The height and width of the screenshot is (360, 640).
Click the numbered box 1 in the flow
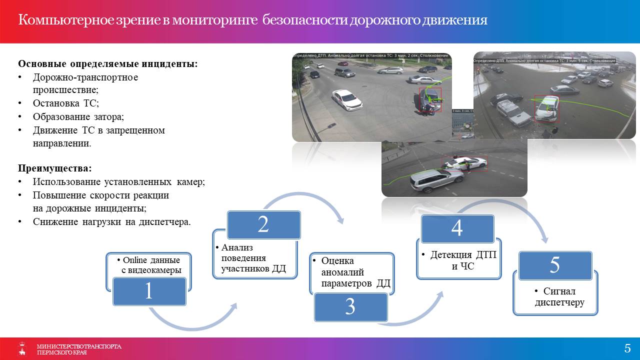149,291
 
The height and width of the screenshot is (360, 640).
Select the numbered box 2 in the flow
263,224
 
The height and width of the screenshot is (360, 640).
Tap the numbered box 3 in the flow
350,306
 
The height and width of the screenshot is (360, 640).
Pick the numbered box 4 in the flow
457,228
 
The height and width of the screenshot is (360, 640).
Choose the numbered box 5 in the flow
555,265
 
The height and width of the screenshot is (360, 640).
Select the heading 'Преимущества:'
55,168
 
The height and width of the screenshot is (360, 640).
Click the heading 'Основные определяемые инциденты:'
107,64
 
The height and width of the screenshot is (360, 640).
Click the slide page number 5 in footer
627,348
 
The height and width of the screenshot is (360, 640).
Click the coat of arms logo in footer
22,348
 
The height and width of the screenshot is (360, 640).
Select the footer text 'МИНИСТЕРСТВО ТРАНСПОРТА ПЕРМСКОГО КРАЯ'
78,349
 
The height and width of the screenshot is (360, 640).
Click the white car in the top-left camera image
346,99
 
